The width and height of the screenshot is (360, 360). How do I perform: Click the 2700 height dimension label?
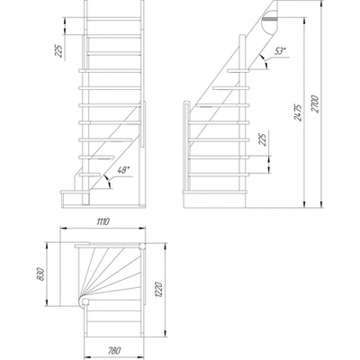[315, 104]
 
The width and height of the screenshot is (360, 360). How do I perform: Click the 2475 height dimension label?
[298, 112]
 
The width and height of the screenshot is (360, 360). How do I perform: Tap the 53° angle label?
[280, 51]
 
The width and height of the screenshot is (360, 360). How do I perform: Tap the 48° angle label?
[123, 170]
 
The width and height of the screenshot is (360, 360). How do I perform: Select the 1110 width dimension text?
[103, 222]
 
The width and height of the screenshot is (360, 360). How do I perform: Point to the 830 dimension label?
[40, 274]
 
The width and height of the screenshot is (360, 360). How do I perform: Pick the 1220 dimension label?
[159, 289]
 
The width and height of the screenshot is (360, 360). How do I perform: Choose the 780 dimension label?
[113, 350]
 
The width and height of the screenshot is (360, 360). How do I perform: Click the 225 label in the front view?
[60, 51]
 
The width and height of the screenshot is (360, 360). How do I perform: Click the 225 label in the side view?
[262, 139]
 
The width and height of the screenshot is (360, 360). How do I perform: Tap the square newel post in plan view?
[141, 247]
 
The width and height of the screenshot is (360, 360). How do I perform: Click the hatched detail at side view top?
[269, 19]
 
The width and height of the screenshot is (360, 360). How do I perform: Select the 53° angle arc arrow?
[264, 61]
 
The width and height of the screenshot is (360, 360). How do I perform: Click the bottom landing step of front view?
[72, 192]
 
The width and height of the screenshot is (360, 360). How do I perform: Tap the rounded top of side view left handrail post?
[186, 103]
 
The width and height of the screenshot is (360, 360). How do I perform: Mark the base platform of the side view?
[215, 199]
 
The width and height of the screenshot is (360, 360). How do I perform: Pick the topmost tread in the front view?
[114, 19]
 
